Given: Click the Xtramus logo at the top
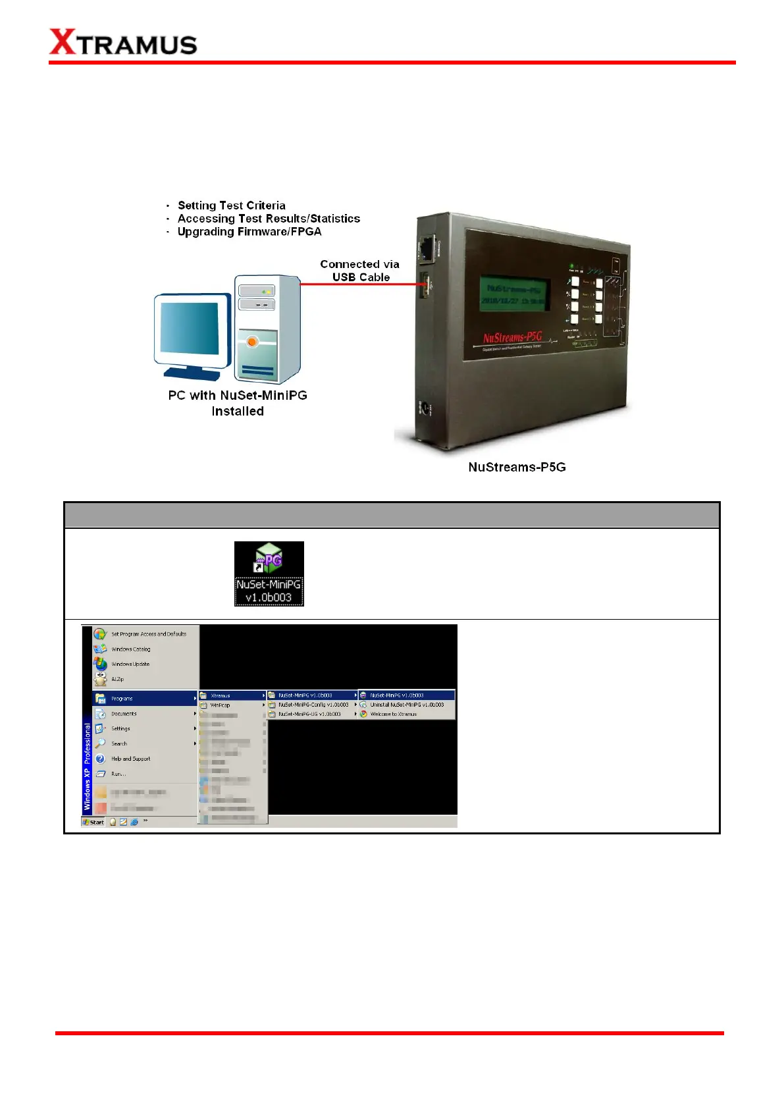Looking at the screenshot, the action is tap(123, 43).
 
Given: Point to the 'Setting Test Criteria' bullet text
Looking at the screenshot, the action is tap(231, 205).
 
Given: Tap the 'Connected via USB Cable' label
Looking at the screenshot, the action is tap(360, 271).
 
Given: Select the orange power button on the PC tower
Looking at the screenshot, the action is tap(252, 341).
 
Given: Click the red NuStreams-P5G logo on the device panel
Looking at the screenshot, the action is tap(512, 338).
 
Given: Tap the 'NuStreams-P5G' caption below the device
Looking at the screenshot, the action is tap(517, 467).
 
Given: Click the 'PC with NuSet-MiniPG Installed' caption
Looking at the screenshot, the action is tap(238, 403).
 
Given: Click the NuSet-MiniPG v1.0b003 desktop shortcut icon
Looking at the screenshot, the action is tap(269, 573).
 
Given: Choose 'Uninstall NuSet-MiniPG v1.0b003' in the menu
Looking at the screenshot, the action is tap(406, 705).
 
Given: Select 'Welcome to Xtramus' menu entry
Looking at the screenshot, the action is tap(393, 714).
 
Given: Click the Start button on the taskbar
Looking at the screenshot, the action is tap(93, 822).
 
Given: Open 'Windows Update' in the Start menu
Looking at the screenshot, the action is tap(130, 664).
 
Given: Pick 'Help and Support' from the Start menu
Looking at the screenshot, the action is tap(130, 759).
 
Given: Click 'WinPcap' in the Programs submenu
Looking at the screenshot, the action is tap(220, 705).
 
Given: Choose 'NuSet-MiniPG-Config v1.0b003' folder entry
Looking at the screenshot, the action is tap(313, 705).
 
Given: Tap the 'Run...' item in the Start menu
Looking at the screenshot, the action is tap(118, 774).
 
